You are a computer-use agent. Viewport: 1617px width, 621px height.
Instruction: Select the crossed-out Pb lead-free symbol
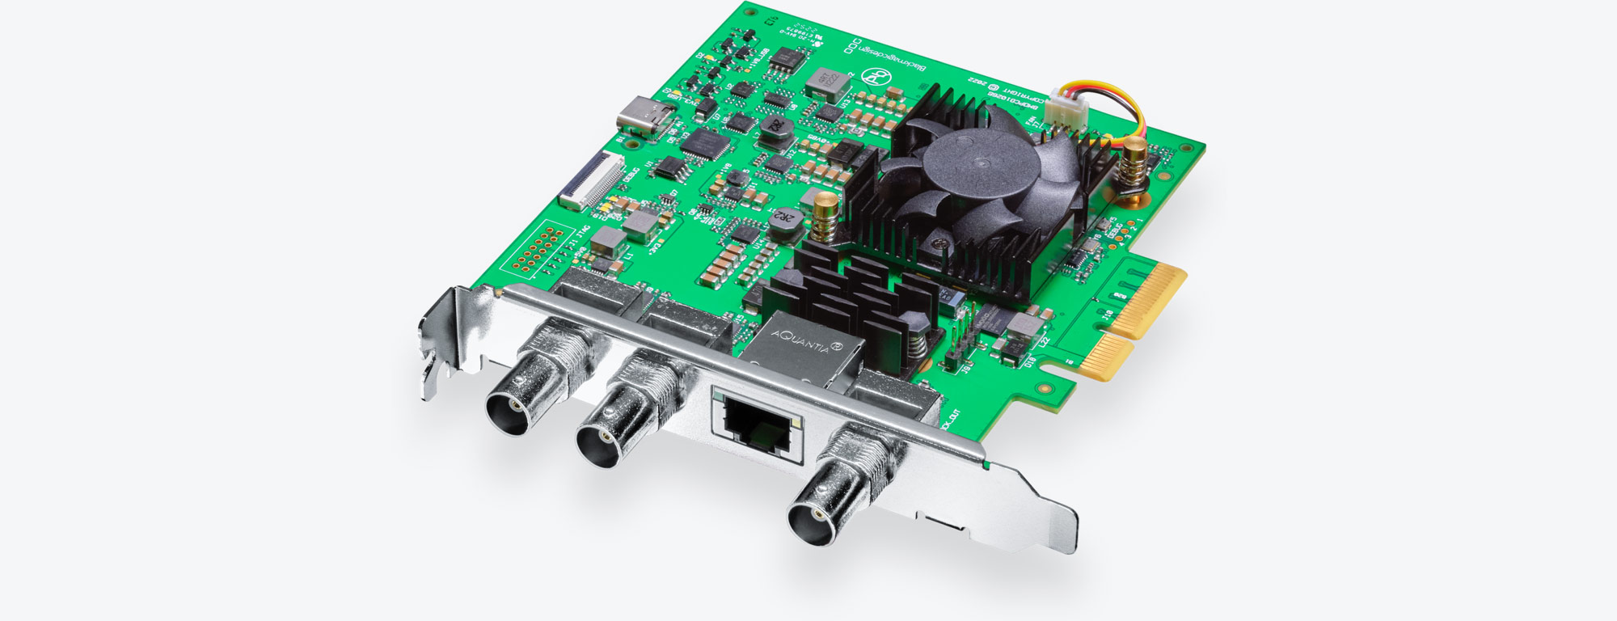(875, 78)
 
